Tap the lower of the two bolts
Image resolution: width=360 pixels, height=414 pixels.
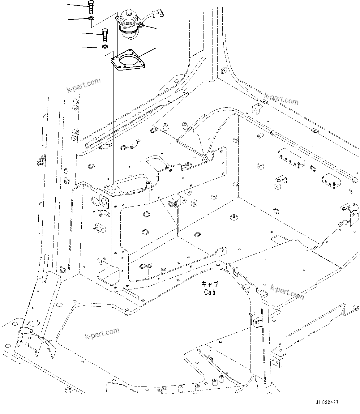(x=105, y=35)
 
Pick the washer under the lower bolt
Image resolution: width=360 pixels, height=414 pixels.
(x=105, y=47)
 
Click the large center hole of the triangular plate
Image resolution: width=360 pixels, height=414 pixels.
(x=128, y=60)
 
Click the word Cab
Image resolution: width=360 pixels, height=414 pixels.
(x=209, y=292)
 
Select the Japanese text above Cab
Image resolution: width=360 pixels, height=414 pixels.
(x=209, y=284)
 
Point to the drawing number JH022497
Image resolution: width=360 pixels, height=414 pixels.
(x=327, y=402)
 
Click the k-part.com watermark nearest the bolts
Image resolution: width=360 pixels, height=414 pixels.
(x=84, y=85)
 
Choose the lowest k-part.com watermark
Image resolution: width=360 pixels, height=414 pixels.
(x=102, y=333)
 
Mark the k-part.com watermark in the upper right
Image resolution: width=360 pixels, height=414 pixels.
(x=281, y=99)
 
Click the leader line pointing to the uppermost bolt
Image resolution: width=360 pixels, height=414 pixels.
(x=77, y=5)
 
